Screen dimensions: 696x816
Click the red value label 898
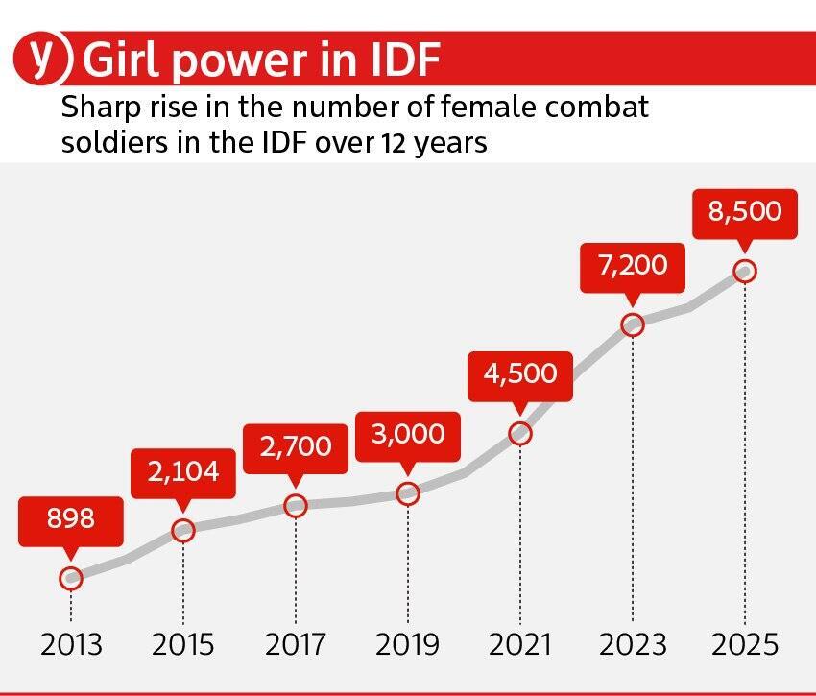point(70,519)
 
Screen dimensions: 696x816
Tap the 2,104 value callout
point(182,471)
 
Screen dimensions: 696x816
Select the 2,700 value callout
point(295,446)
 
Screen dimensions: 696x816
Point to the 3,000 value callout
point(408,434)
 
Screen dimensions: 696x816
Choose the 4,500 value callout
point(520,373)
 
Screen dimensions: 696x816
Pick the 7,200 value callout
point(633,265)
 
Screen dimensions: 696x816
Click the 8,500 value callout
point(745,211)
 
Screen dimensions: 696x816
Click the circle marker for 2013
point(70,578)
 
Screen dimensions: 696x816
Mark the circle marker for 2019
point(408,493)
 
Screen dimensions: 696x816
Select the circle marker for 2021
point(520,433)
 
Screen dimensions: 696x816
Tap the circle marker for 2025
point(745,271)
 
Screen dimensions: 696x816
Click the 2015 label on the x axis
point(182,644)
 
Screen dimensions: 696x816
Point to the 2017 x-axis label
point(295,644)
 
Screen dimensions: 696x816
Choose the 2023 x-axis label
point(633,644)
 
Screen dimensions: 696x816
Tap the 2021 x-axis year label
point(520,644)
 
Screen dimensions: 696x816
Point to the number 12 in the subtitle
point(391,144)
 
